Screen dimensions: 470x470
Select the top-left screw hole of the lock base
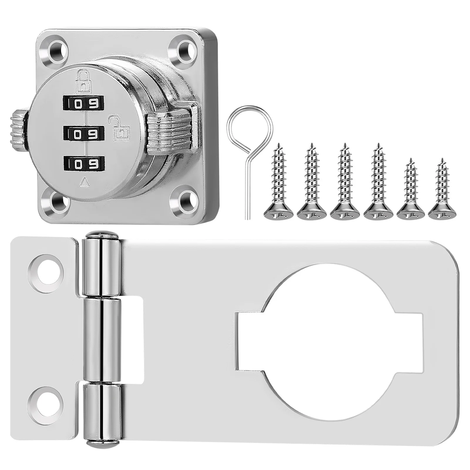56,48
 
